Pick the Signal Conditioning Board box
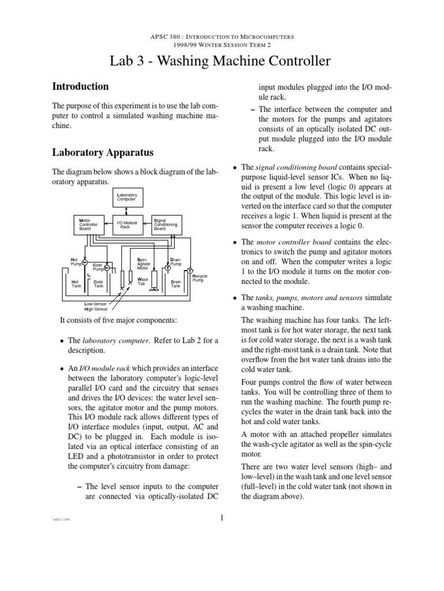point(165,225)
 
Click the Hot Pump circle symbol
point(84,263)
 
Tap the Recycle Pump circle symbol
point(190,270)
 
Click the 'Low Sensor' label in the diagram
point(97,304)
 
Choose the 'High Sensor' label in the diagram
point(97,309)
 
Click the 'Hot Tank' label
point(76,283)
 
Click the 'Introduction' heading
point(80,87)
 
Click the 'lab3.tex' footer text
point(61,519)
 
